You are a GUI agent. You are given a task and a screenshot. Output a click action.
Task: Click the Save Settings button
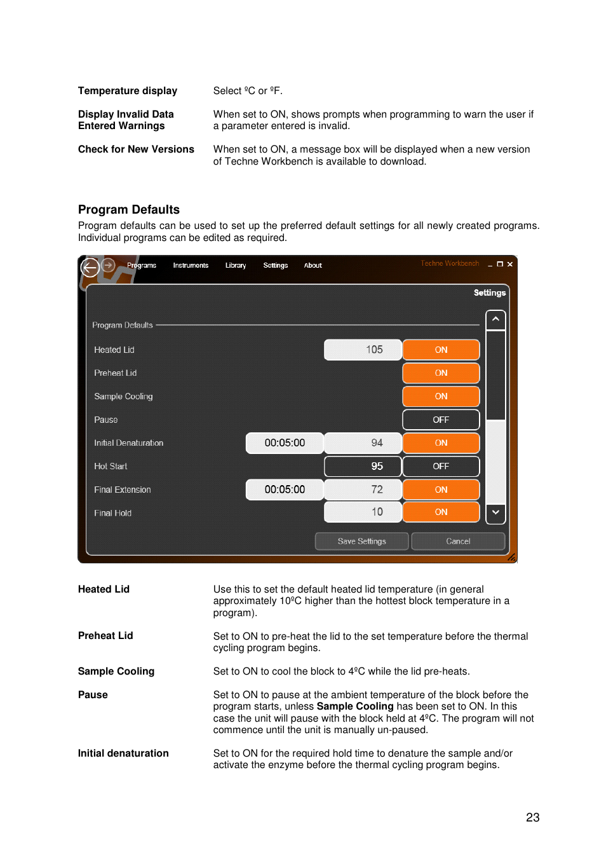pyautogui.click(x=361, y=541)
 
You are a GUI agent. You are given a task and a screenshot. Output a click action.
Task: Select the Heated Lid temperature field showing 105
pyautogui.click(x=363, y=350)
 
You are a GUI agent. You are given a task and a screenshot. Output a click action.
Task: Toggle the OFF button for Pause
pyautogui.click(x=441, y=420)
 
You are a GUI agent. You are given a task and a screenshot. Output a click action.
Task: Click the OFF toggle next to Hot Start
pyautogui.click(x=441, y=466)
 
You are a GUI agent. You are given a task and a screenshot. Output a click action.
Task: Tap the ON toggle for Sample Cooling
pyautogui.click(x=441, y=396)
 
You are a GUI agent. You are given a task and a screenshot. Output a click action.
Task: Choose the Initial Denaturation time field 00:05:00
pyautogui.click(x=285, y=443)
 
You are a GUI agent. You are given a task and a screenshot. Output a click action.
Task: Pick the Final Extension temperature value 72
pyautogui.click(x=363, y=490)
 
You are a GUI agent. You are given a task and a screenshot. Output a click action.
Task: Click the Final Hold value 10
pyautogui.click(x=363, y=512)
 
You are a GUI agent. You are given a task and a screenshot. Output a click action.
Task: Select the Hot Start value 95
pyautogui.click(x=363, y=466)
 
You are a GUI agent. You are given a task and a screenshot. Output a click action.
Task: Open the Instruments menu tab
pyautogui.click(x=191, y=265)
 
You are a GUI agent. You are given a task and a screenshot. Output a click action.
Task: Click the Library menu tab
pyautogui.click(x=235, y=265)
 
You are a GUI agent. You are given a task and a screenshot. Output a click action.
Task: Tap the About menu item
pyautogui.click(x=313, y=265)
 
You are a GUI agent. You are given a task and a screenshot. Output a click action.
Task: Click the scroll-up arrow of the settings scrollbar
pyautogui.click(x=495, y=319)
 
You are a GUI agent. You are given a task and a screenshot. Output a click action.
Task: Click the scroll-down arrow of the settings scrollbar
pyautogui.click(x=495, y=512)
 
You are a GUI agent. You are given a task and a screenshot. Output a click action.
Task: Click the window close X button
pyautogui.click(x=510, y=264)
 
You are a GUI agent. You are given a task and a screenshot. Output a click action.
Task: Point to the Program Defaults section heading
pyautogui.click(x=129, y=210)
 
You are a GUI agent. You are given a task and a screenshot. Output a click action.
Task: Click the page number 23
pyautogui.click(x=532, y=818)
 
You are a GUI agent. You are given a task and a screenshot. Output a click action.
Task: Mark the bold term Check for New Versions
pyautogui.click(x=136, y=149)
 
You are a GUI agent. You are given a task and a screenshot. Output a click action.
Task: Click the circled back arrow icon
pyautogui.click(x=90, y=268)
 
